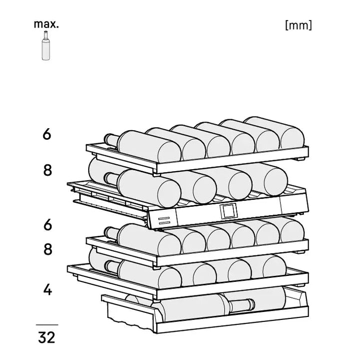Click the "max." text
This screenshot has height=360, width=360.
tap(46, 24)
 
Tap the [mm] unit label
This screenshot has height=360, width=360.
tap(298, 25)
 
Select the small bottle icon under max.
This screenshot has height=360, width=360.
tap(46, 46)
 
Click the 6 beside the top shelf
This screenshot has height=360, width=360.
tap(47, 134)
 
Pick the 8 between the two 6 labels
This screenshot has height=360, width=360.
tap(48, 170)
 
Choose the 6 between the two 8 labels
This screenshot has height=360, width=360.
tap(48, 224)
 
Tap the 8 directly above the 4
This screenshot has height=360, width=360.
tap(48, 249)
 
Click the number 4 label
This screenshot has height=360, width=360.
tap(48, 289)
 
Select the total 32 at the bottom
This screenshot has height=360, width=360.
tap(47, 337)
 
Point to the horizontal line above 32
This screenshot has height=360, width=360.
tap(47, 325)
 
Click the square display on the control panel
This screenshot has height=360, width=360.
tap(228, 210)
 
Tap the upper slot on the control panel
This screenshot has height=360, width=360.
tap(164, 218)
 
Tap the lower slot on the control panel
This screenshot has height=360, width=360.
tap(164, 223)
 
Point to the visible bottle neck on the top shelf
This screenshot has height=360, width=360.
tap(111, 140)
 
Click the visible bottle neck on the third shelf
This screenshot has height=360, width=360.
tap(111, 232)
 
